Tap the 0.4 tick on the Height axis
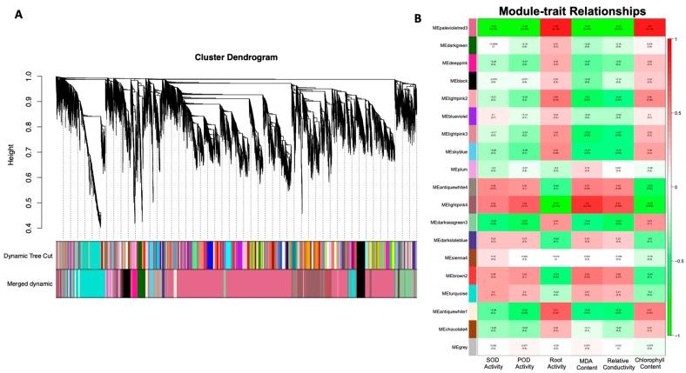tap(40, 229)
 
